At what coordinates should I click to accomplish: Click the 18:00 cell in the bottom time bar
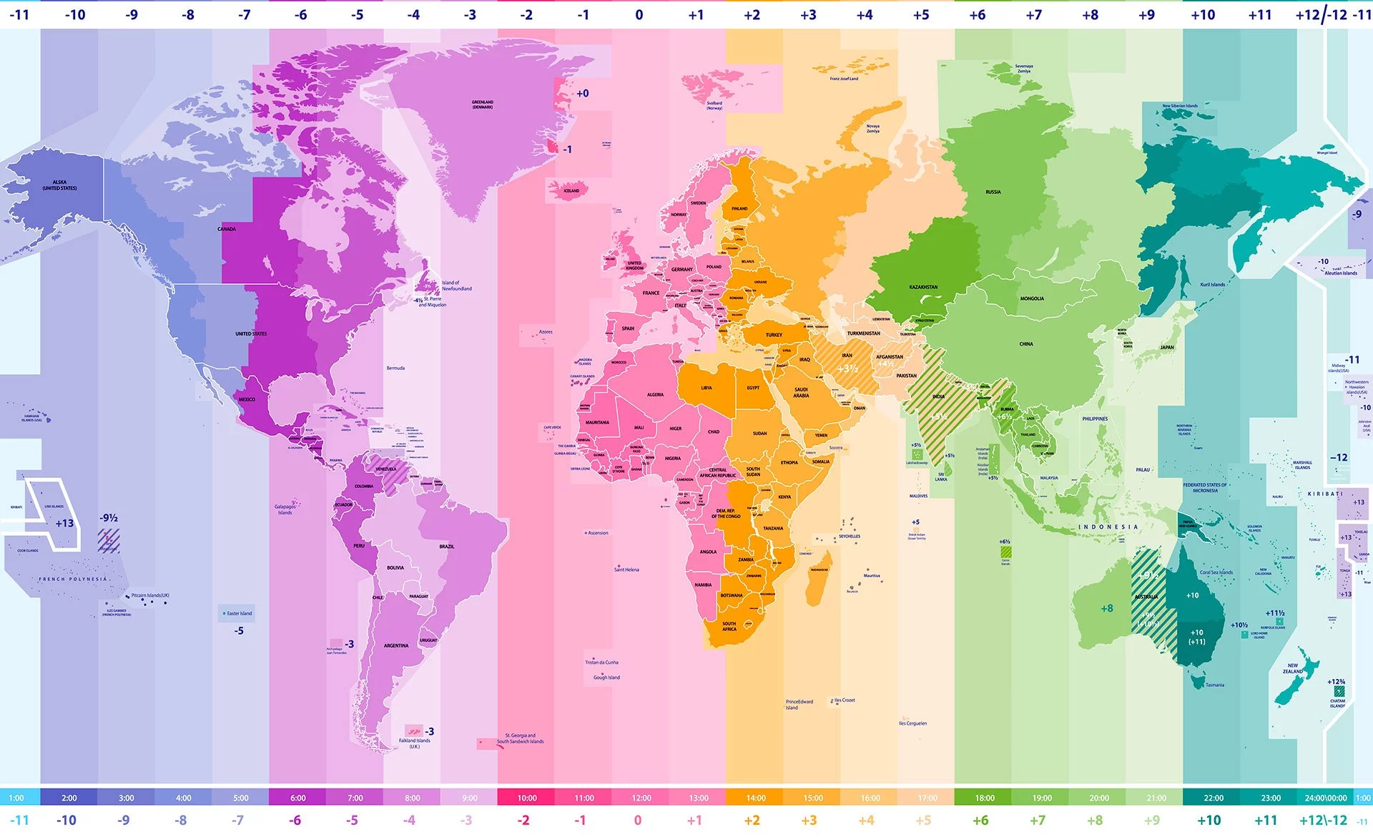coord(984,797)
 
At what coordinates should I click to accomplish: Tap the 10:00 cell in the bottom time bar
coord(527,797)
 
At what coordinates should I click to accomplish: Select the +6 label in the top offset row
coord(977,14)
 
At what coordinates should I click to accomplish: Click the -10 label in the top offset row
coord(74,14)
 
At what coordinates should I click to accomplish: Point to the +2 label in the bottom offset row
coord(752,820)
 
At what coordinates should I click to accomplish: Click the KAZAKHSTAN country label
coord(923,287)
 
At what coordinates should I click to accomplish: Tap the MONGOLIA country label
coord(1032,298)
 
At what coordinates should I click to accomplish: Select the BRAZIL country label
coord(446,546)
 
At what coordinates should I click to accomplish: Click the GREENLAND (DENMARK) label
coord(483,104)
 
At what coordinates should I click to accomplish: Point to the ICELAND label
coord(571,191)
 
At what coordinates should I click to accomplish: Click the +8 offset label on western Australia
coord(1107,608)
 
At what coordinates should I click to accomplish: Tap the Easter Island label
coord(239,613)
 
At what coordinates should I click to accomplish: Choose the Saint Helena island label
coord(626,570)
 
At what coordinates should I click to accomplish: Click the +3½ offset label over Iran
coord(847,368)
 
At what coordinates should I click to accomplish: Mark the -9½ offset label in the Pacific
coord(109,518)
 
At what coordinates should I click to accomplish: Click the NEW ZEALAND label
coord(1293,668)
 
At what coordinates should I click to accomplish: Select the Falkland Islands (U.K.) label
coord(415,743)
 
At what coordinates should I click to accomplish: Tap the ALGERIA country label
coord(655,394)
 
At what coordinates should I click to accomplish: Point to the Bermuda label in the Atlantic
coord(395,368)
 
